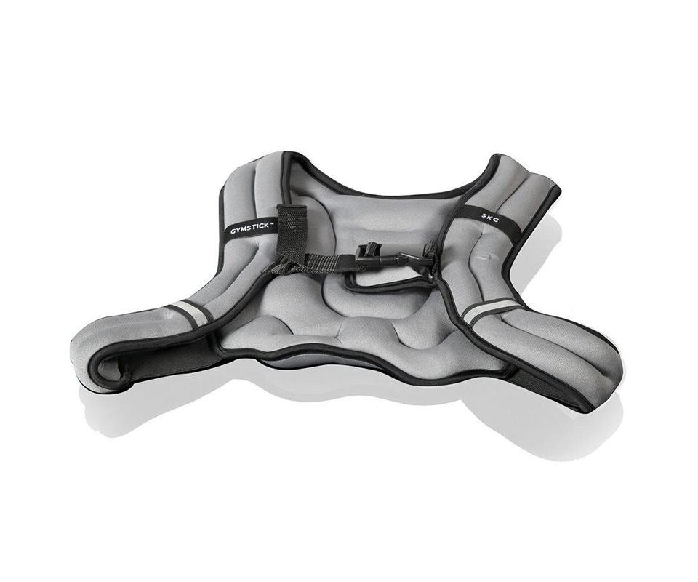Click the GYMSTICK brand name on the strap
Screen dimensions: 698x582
coord(249,228)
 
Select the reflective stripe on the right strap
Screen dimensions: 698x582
coord(487,309)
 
